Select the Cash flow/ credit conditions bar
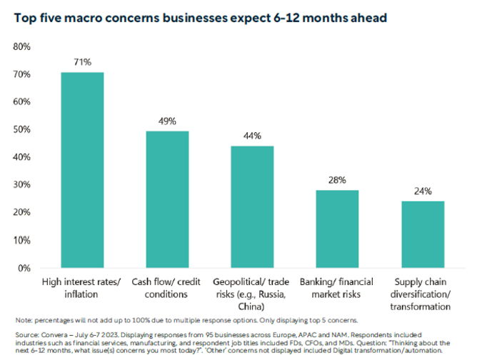(x=167, y=199)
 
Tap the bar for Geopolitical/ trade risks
(x=251, y=206)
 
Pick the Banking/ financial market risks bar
(x=337, y=229)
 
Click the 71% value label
(x=82, y=62)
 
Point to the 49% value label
(x=167, y=121)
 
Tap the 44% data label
(x=252, y=135)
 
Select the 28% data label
(x=337, y=179)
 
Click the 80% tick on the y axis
(x=21, y=46)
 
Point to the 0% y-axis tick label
(x=24, y=268)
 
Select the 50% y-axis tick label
(x=21, y=129)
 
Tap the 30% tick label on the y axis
(x=21, y=185)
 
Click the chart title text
(x=200, y=16)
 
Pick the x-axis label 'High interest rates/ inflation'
(x=82, y=286)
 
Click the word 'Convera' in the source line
(x=57, y=334)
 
